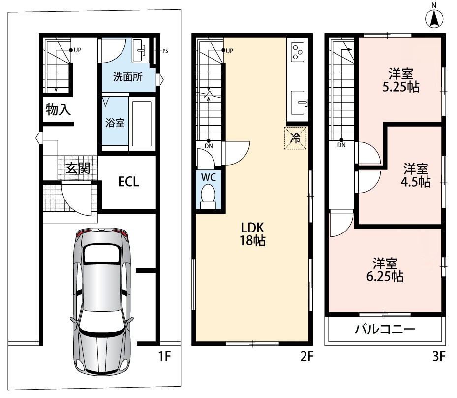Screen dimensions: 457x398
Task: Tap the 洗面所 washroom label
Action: point(128,77)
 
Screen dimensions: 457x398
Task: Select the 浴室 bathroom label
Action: point(115,123)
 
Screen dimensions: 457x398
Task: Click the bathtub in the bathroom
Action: point(142,123)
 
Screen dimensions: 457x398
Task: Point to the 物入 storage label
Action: point(58,110)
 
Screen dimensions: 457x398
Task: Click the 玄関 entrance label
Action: point(77,168)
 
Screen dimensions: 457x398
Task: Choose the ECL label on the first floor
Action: point(128,181)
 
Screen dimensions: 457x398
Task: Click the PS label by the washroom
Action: point(165,51)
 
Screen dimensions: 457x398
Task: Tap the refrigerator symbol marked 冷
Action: point(296,138)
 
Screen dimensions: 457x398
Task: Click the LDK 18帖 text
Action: point(252,234)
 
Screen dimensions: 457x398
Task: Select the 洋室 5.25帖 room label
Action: point(401,80)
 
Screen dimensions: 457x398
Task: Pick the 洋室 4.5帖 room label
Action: point(416,175)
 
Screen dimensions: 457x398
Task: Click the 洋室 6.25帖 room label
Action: point(385,269)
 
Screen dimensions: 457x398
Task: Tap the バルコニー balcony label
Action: point(385,330)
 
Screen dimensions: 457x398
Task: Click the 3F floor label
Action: point(439,356)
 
